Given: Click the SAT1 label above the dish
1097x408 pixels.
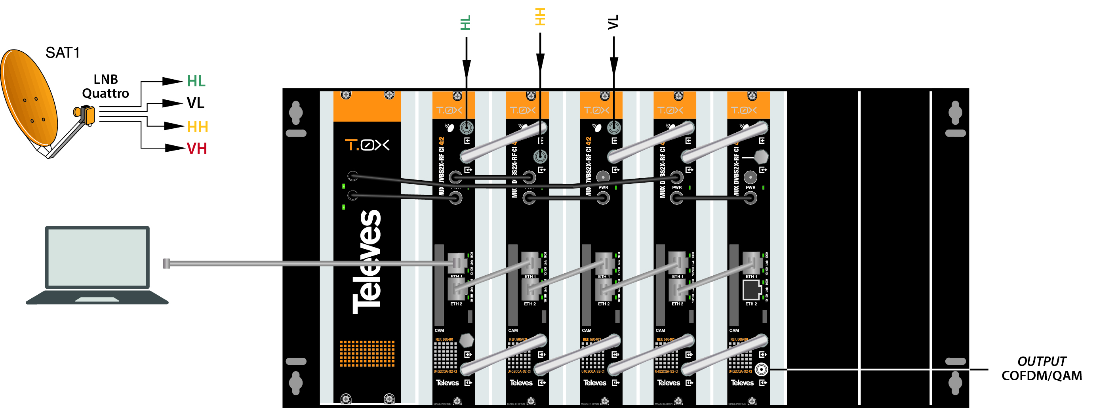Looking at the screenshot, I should [x=63, y=53].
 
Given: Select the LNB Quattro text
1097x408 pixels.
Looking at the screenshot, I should [x=105, y=86].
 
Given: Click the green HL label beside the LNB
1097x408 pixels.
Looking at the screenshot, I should [x=196, y=81].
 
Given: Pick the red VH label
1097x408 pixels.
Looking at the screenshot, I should [x=197, y=149].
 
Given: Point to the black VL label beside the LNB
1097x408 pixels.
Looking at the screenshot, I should [x=196, y=103].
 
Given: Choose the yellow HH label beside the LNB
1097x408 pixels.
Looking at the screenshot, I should [x=197, y=127].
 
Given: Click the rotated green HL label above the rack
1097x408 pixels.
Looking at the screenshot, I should [x=466, y=23].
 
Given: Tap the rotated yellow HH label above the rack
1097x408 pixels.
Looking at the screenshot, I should [x=540, y=17].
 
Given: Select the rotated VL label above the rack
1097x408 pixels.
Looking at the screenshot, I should [x=613, y=22].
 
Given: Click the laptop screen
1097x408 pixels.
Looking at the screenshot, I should [x=97, y=257].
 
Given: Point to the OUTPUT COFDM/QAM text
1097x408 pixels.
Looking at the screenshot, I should [x=1041, y=369].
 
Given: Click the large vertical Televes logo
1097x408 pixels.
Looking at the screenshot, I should [x=367, y=262].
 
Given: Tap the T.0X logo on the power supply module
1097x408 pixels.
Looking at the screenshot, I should [x=367, y=145].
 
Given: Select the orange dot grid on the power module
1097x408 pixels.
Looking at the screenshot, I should [x=367, y=353].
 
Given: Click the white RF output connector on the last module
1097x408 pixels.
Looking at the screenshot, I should [x=762, y=369].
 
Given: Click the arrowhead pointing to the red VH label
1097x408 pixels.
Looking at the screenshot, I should [x=175, y=148].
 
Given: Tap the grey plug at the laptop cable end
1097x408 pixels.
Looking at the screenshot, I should [x=166, y=264].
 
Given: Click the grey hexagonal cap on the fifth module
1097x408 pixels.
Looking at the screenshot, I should [x=761, y=157].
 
